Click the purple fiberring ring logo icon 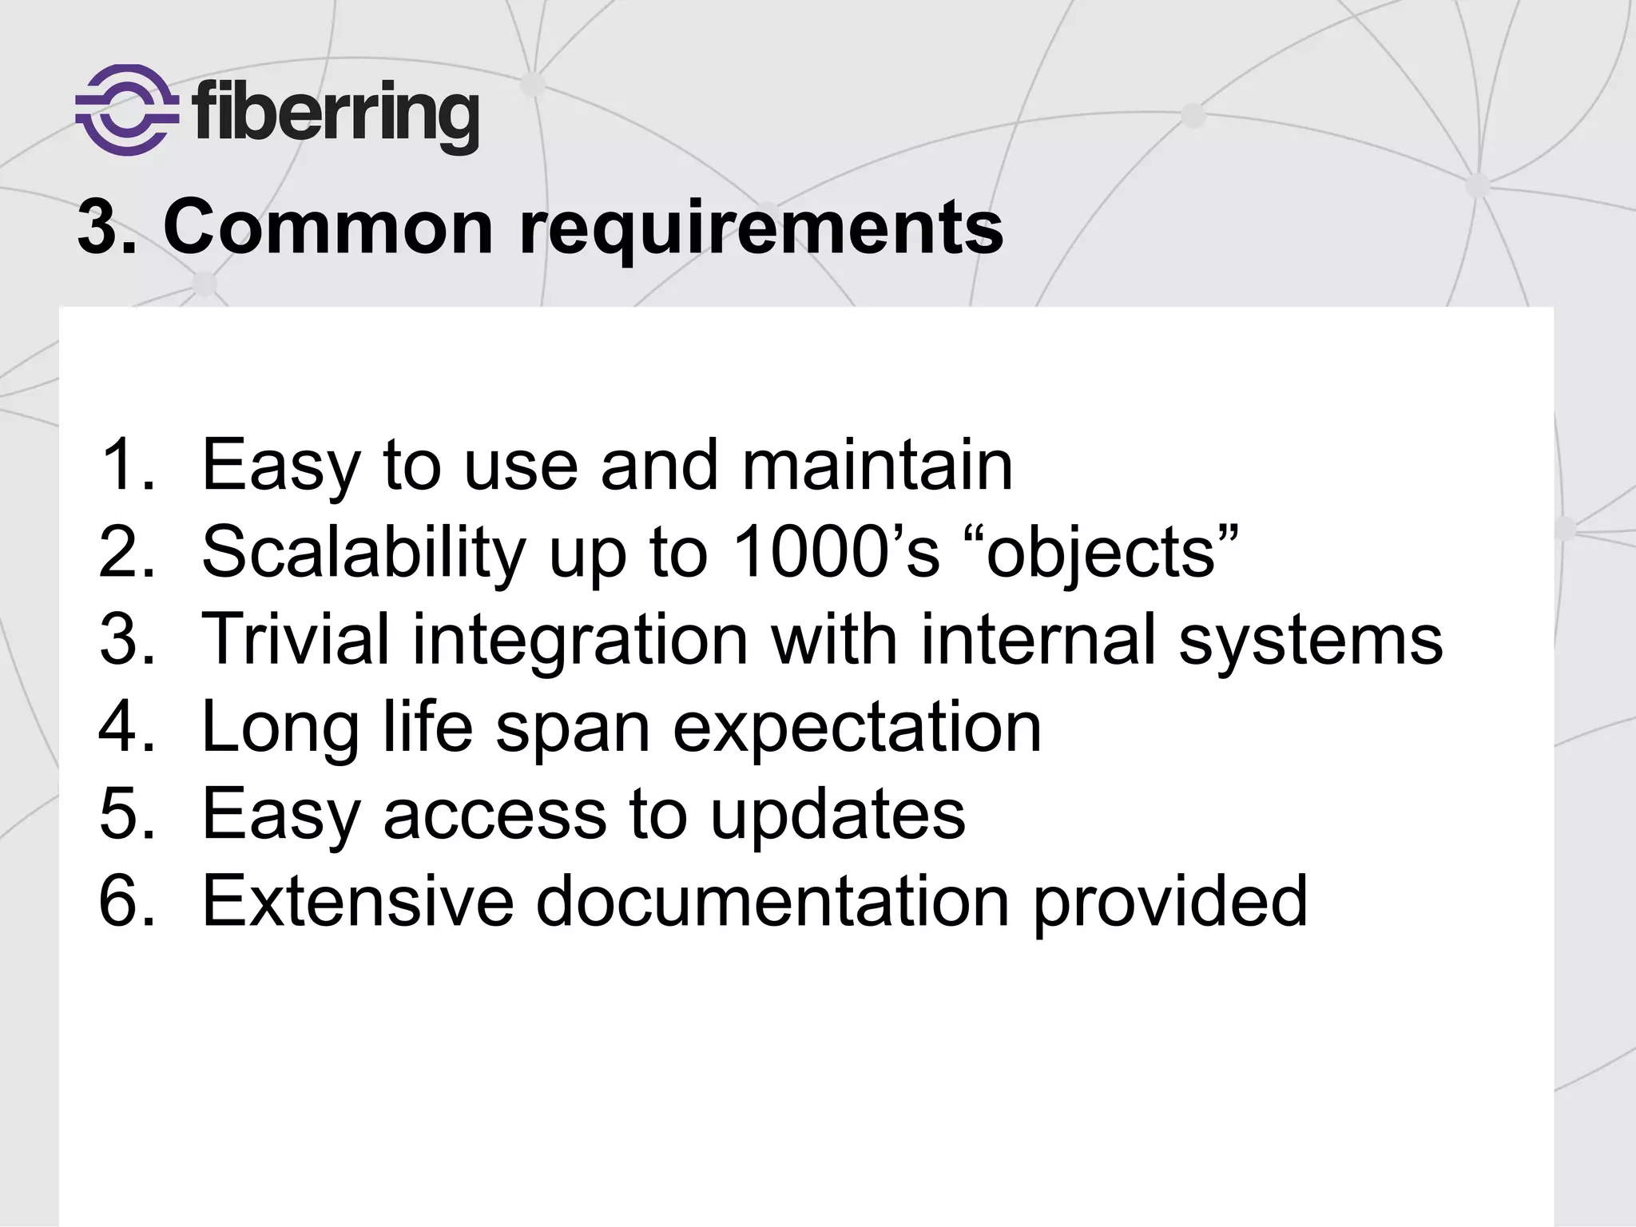pos(127,109)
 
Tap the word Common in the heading pos(328,228)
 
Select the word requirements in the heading pos(760,230)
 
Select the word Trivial pos(296,638)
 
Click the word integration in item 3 pos(580,641)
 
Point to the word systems pos(1311,641)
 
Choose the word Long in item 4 pos(280,728)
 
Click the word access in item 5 pos(495,814)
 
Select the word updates pos(838,816)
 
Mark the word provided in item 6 pos(1170,902)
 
